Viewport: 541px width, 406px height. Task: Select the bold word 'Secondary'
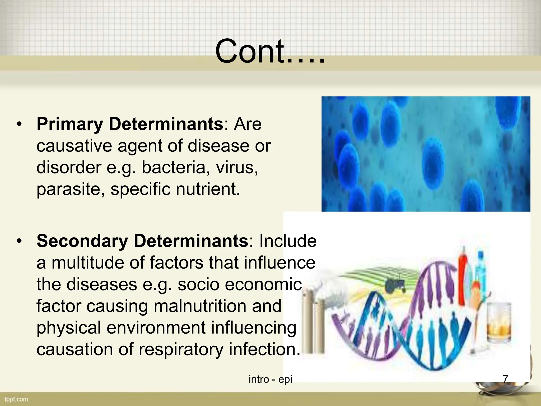point(82,241)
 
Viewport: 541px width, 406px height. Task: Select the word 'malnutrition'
point(200,306)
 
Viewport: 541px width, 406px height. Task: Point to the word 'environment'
point(156,327)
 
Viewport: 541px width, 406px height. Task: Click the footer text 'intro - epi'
point(270,379)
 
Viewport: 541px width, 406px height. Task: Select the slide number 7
point(505,379)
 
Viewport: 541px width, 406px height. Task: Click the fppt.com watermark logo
point(16,399)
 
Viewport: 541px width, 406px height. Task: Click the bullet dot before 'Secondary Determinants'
point(19,241)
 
